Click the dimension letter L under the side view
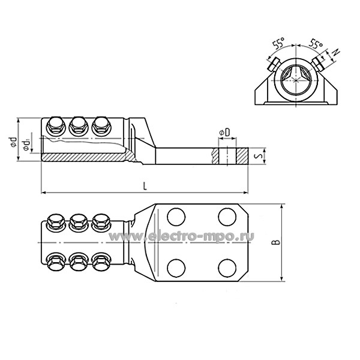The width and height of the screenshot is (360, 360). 145,186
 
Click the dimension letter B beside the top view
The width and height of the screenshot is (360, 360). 275,242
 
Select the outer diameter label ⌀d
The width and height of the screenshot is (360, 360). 13,142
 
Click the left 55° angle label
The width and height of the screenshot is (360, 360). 277,44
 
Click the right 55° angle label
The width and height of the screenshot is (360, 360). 316,43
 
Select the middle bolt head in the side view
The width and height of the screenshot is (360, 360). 78,125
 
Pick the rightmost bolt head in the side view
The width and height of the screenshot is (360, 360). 100,125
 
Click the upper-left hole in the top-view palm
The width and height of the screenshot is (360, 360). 175,216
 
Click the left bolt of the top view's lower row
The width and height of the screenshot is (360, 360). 56,262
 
